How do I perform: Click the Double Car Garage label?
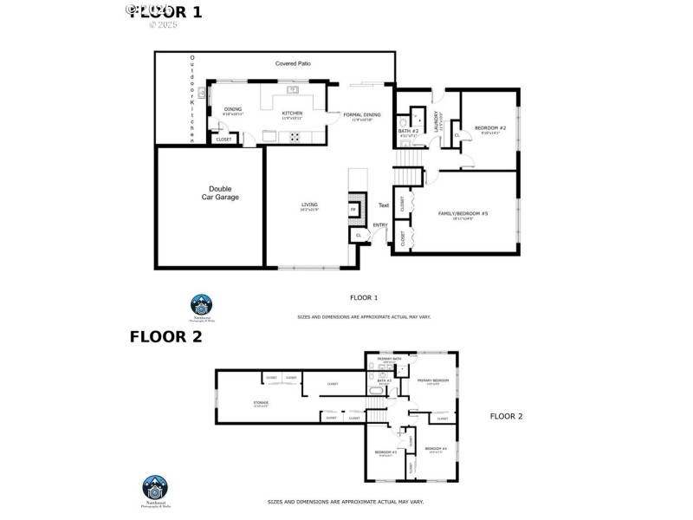[210, 192]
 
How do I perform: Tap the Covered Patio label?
[293, 64]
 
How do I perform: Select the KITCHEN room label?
[292, 114]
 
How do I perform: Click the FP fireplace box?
[353, 210]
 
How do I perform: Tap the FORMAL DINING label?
[361, 115]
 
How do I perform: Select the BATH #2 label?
[409, 131]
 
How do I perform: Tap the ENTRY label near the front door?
[379, 225]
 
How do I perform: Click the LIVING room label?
[309, 205]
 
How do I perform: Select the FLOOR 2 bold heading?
[165, 337]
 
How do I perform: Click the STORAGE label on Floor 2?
[261, 402]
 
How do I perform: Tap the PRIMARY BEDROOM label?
[433, 380]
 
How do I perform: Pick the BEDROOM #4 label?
[437, 448]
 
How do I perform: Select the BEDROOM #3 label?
[385, 452]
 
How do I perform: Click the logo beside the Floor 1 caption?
[201, 305]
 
